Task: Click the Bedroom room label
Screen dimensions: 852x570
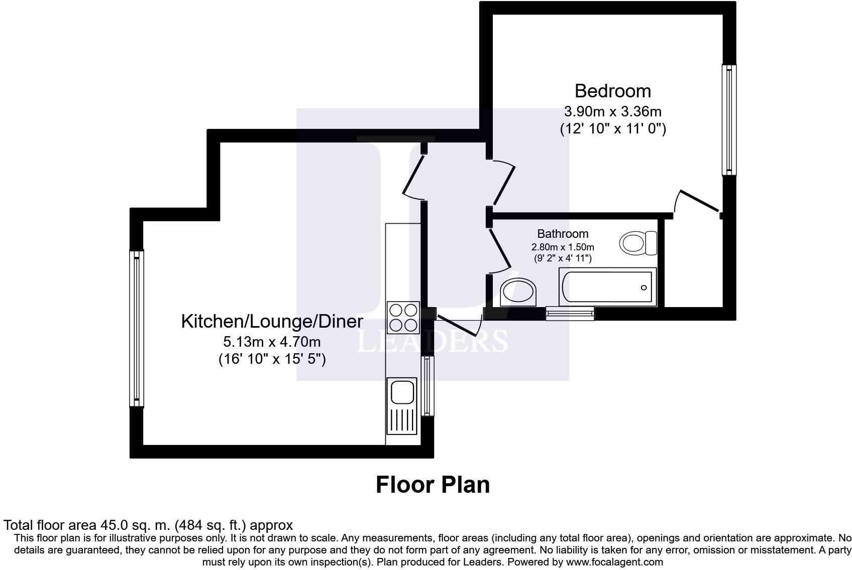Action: pyautogui.click(x=612, y=91)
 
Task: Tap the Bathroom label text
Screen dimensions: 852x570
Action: pyautogui.click(x=563, y=234)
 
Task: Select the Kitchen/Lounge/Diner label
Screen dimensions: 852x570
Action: pyautogui.click(x=272, y=321)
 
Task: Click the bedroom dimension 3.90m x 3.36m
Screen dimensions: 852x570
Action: pyautogui.click(x=612, y=111)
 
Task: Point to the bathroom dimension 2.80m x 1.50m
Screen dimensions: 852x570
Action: pyautogui.click(x=563, y=247)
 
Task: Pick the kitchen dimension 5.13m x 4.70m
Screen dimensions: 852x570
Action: pyautogui.click(x=272, y=342)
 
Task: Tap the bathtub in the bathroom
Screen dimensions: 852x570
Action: pyautogui.click(x=607, y=287)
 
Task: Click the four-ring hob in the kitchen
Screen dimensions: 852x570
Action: pyautogui.click(x=403, y=317)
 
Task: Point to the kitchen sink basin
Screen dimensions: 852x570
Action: pyautogui.click(x=401, y=391)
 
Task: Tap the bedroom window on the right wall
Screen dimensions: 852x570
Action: pyautogui.click(x=729, y=120)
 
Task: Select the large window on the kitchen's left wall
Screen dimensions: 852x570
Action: pyautogui.click(x=136, y=329)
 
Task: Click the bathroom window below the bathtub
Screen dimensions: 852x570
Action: pyautogui.click(x=570, y=314)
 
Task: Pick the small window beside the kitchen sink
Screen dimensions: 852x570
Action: pyautogui.click(x=427, y=385)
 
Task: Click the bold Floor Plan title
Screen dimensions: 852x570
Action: pyautogui.click(x=433, y=485)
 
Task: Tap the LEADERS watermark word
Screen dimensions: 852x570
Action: pyautogui.click(x=432, y=341)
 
